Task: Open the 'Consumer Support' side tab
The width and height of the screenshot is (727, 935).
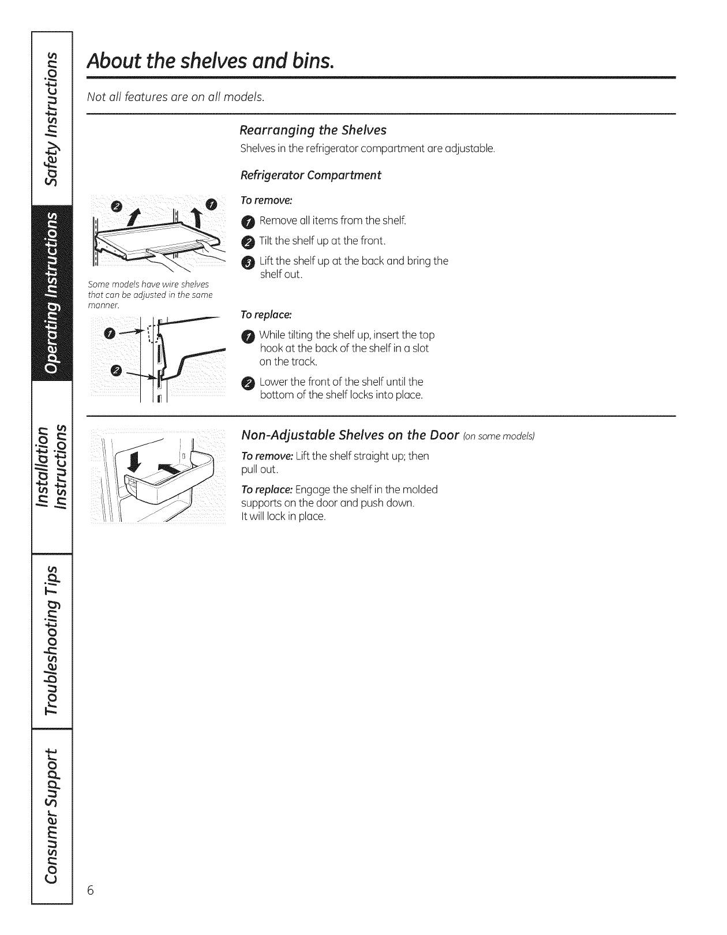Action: [51, 814]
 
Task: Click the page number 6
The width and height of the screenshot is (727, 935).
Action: [91, 889]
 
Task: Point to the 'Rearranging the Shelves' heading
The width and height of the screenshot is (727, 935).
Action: [313, 130]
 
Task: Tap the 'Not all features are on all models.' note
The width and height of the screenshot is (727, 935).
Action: [175, 97]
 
